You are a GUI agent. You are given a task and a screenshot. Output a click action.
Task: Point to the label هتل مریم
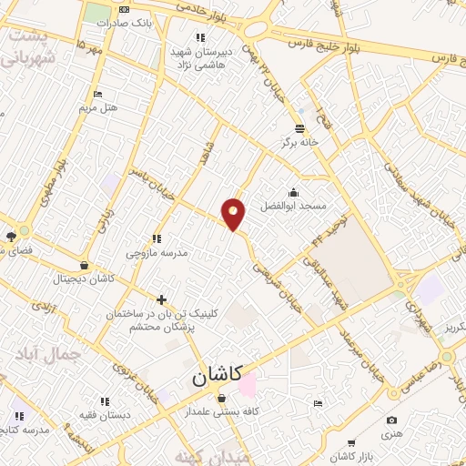click(x=98, y=108)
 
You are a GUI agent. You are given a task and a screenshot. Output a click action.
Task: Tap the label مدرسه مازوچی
click(x=157, y=252)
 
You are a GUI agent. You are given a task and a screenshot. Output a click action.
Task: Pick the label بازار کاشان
click(x=351, y=454)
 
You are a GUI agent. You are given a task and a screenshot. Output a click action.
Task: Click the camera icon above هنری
click(x=391, y=420)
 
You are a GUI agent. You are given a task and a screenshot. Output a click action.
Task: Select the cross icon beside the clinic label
click(x=161, y=299)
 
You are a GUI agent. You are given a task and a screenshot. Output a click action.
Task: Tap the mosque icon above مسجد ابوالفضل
click(x=293, y=192)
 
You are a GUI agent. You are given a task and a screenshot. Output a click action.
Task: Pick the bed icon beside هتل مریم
click(x=98, y=95)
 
